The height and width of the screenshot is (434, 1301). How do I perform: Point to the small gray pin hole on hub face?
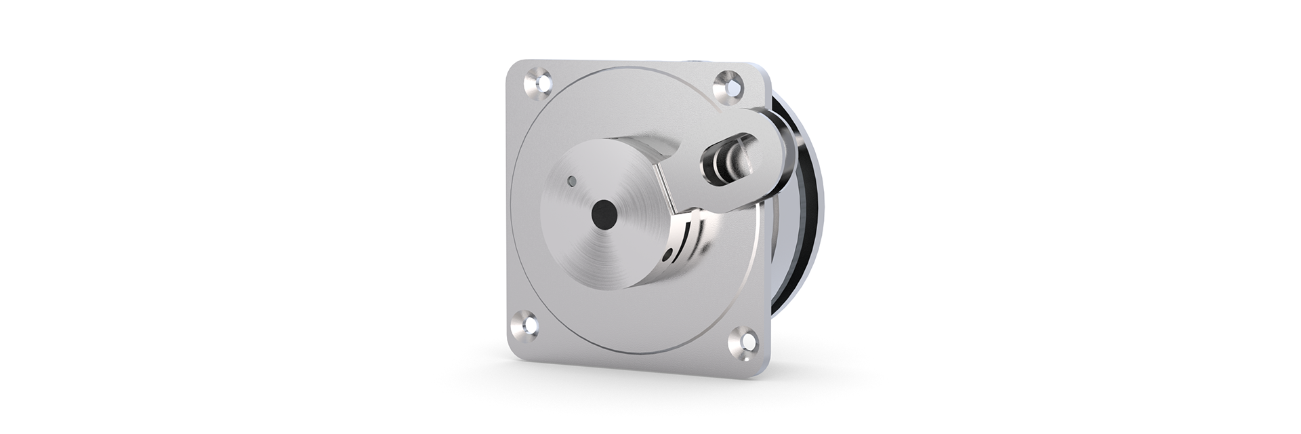click(x=573, y=181)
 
